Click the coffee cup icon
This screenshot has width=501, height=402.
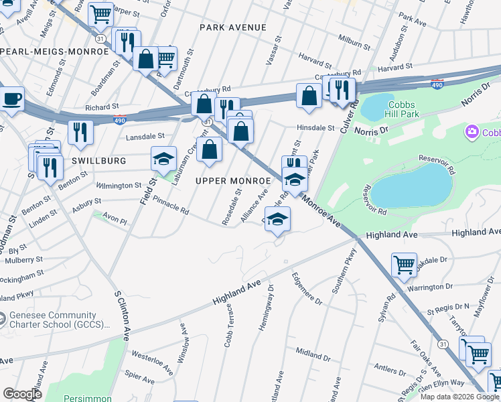12,100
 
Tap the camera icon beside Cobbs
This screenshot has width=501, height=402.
473,132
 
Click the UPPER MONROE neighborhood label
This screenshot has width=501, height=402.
234,182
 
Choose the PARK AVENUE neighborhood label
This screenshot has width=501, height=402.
232,27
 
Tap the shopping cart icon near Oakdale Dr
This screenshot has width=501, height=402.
404,264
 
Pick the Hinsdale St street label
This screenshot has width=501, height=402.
316,127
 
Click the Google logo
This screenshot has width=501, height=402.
21,393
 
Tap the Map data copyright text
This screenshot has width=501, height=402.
459,397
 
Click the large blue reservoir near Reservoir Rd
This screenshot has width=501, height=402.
411,185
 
